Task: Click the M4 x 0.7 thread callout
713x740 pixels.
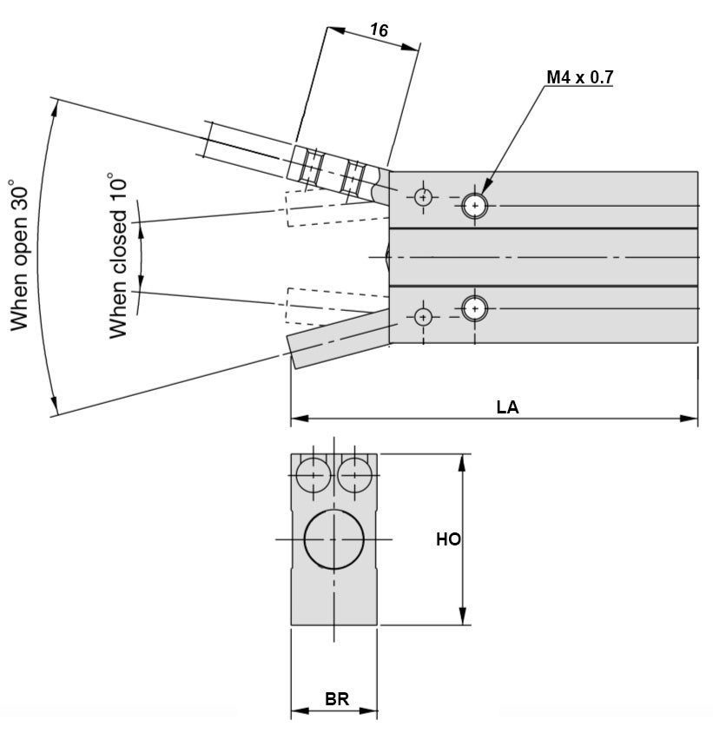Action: pos(579,77)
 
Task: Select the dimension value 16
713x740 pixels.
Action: pos(379,30)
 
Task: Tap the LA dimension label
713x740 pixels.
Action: pos(507,406)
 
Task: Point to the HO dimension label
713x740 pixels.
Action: pos(448,539)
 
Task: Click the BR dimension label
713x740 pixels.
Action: pos(337,699)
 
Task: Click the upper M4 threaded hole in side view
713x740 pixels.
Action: pos(474,206)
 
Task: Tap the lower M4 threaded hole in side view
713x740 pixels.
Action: pos(474,307)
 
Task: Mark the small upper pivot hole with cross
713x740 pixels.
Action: pos(423,197)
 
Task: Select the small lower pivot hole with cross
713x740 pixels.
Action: pos(423,316)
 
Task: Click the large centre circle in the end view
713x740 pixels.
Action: pos(334,539)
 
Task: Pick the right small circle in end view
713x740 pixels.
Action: pos(354,474)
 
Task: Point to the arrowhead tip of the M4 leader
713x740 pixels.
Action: pos(482,193)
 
